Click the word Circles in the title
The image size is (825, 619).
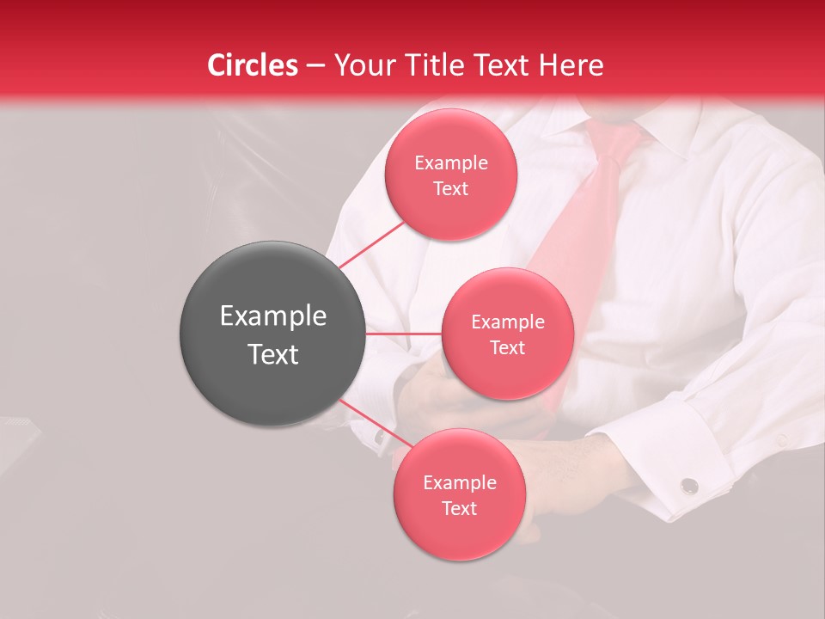(x=253, y=65)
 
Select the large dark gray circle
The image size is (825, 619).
(x=272, y=334)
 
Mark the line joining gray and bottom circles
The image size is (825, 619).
(x=374, y=423)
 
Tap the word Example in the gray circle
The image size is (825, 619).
(x=273, y=316)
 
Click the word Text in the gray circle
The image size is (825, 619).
(x=273, y=354)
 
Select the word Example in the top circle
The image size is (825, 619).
(x=451, y=163)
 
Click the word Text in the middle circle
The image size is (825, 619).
(x=508, y=347)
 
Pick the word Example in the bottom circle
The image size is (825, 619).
(x=460, y=482)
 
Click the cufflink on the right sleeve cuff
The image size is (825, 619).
(x=688, y=487)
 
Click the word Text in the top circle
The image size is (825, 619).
(x=451, y=188)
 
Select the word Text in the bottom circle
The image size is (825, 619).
(x=460, y=508)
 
